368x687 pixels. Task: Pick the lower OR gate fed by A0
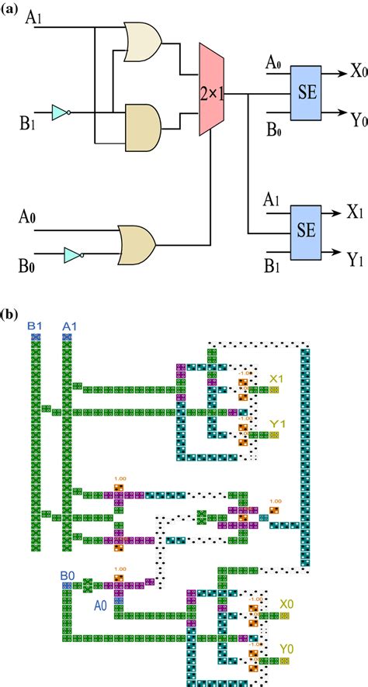point(138,243)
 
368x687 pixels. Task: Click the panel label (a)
point(12,9)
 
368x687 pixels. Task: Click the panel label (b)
point(12,315)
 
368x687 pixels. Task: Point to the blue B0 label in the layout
point(68,577)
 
